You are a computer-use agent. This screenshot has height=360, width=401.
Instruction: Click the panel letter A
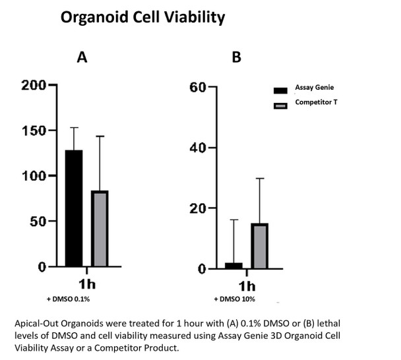(82, 57)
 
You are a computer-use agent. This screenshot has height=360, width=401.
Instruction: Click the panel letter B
(237, 57)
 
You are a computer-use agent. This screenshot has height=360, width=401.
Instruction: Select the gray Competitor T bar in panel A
(100, 228)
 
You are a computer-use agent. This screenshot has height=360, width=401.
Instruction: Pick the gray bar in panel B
(259, 246)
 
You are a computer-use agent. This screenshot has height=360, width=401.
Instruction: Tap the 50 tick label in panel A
(38, 222)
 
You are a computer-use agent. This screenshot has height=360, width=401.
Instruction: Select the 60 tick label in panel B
(199, 87)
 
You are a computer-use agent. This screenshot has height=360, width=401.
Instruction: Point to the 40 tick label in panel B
(199, 148)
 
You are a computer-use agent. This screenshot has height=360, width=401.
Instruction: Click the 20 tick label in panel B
(199, 208)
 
